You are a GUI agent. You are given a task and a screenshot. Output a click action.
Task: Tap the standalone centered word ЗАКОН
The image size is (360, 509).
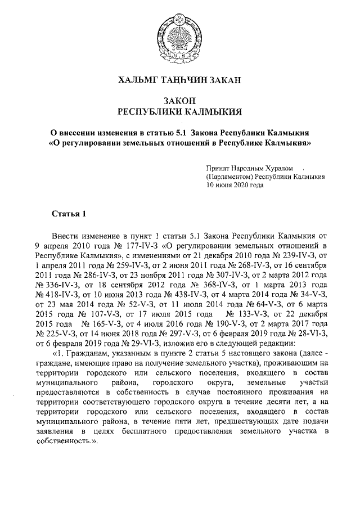(179, 100)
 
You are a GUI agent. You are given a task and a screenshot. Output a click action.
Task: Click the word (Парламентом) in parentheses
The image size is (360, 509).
(229, 177)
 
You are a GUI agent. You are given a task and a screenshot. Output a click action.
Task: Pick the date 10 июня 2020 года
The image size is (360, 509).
(235, 184)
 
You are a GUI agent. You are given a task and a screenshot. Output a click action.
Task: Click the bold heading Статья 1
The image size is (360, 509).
(69, 214)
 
